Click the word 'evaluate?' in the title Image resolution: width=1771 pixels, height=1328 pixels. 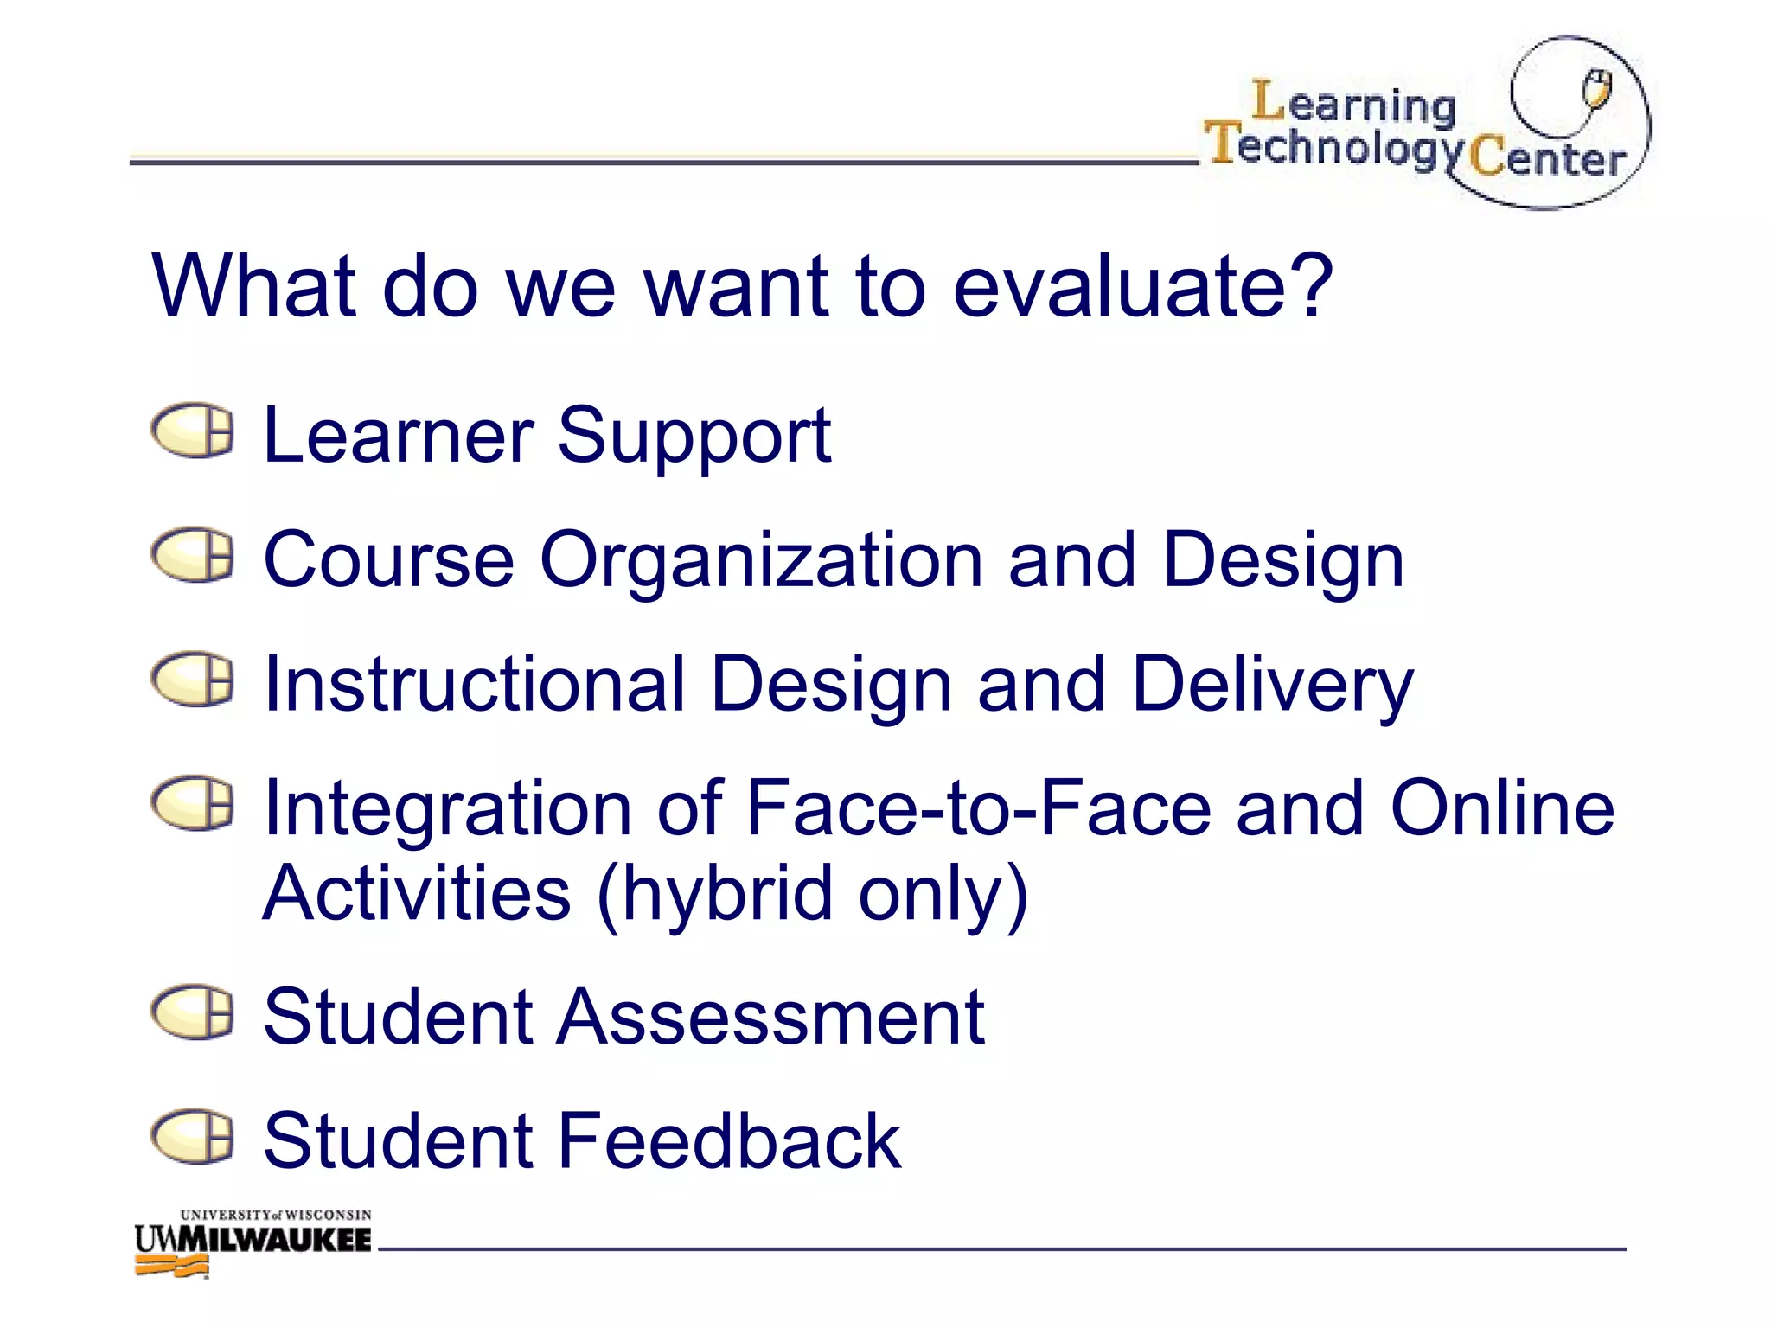(x=1143, y=287)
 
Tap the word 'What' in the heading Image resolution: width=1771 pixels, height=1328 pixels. (x=253, y=287)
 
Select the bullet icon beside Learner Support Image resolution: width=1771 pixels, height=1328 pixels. (x=193, y=430)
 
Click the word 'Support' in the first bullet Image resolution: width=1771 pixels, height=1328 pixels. (x=694, y=437)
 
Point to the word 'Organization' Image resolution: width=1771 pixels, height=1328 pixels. (x=761, y=562)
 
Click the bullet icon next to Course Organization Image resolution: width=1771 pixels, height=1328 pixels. (x=193, y=554)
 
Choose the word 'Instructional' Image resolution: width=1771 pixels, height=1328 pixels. (x=474, y=685)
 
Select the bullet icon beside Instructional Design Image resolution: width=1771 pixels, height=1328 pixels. (x=193, y=679)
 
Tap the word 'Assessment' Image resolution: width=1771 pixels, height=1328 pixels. (x=770, y=1018)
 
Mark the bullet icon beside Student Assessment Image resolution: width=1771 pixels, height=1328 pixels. (x=193, y=1012)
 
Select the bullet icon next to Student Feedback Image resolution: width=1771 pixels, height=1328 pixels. (x=193, y=1136)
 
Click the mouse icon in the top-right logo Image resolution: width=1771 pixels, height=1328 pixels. (x=1596, y=89)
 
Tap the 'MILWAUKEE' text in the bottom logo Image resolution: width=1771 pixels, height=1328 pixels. (x=274, y=1240)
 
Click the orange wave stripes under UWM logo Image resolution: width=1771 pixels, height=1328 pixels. (x=172, y=1266)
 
